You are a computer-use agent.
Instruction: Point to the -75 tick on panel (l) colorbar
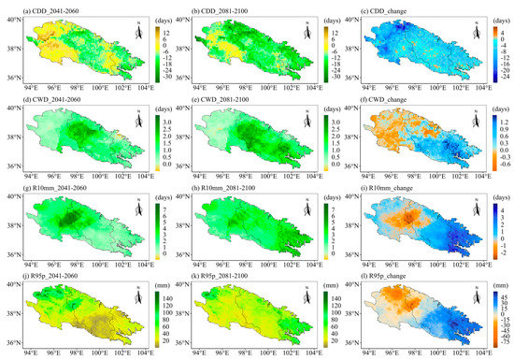pyautogui.click(x=495, y=346)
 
